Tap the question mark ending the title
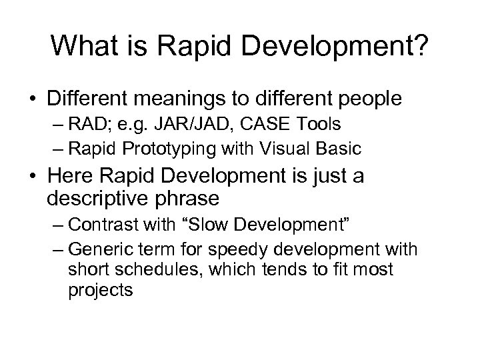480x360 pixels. pos(421,47)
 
